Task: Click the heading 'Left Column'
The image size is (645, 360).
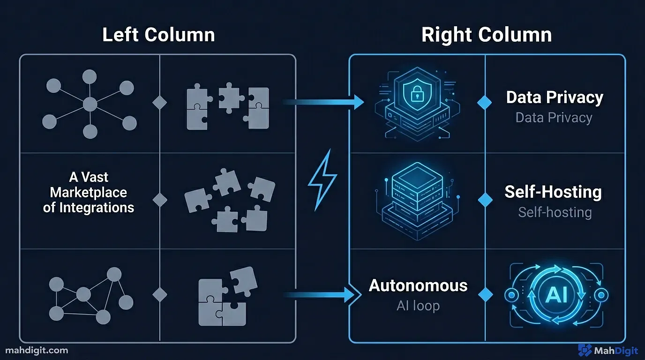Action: coord(158,35)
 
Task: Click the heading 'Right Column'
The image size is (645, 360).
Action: coord(486,35)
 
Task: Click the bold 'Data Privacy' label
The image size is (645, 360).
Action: coord(554,97)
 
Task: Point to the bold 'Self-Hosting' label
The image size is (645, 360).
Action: coord(553,192)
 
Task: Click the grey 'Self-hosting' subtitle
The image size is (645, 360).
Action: coord(555,212)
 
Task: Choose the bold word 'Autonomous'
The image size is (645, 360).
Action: coord(418,285)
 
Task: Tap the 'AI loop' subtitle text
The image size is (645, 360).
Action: coord(418,306)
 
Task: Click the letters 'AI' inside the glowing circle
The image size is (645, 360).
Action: coord(556,295)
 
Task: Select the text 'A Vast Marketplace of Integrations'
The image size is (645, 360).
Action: coord(89,192)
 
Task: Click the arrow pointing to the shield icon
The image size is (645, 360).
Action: coord(323,101)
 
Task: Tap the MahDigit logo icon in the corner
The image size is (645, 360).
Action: coord(585,350)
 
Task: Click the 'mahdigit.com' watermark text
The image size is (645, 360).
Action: coord(37,350)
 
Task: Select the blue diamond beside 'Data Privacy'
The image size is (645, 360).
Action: coord(485,102)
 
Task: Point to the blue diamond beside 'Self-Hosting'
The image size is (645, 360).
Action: coord(485,200)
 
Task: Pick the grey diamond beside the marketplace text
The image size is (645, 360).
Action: coord(160,200)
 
